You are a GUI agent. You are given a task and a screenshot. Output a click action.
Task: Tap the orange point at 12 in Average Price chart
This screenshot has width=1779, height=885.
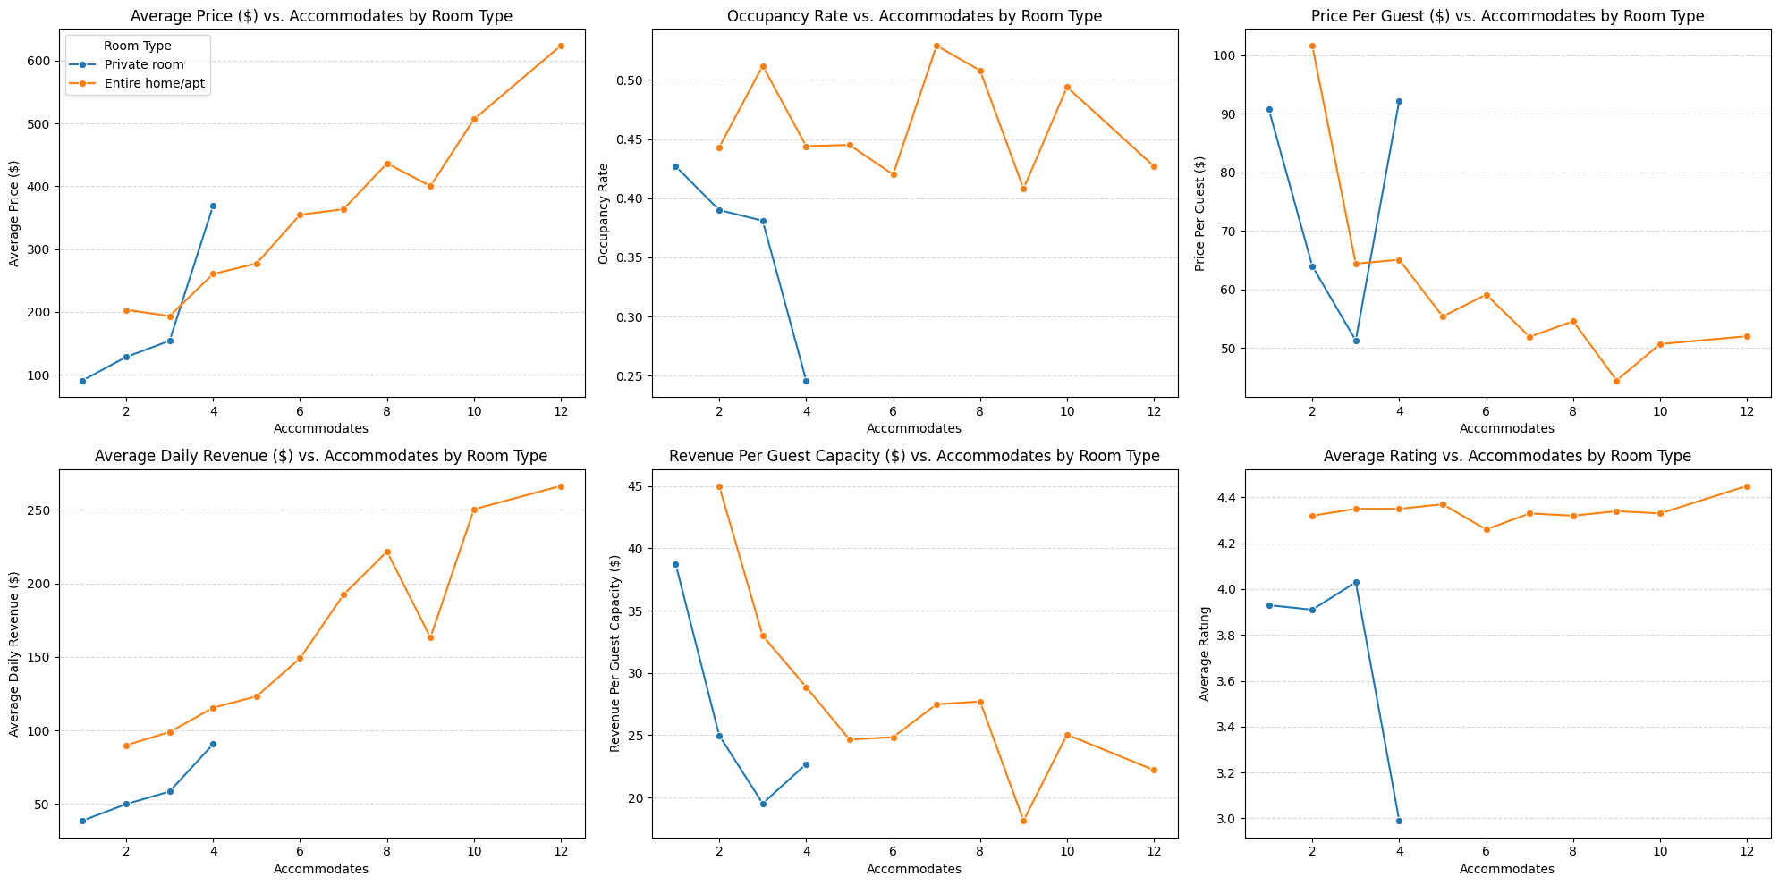tap(561, 46)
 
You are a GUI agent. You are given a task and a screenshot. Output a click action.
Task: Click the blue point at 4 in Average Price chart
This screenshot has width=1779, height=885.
tap(213, 206)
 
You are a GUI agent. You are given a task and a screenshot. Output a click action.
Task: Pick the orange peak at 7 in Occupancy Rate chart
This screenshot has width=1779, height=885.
tap(936, 46)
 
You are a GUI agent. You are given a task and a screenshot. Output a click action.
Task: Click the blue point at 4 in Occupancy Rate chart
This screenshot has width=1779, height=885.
tap(806, 381)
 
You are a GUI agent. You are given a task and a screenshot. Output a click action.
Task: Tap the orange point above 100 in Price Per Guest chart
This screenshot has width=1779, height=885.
tap(1312, 46)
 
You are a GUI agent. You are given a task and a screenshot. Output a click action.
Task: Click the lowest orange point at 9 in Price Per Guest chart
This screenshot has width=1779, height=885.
tap(1616, 381)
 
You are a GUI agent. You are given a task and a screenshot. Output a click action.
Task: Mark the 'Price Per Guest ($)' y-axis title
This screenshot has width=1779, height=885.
tap(1200, 214)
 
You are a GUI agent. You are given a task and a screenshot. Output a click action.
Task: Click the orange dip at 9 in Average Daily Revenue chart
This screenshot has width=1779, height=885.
tap(430, 637)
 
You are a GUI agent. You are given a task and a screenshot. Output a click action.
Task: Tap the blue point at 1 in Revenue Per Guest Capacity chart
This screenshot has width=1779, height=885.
tap(675, 564)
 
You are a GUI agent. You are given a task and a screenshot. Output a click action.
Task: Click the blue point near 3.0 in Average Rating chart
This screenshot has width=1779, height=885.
tap(1399, 821)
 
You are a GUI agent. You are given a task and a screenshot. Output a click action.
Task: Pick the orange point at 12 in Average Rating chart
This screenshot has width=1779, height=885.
tap(1747, 486)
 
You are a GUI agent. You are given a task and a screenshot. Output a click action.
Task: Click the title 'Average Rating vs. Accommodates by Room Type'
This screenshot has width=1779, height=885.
tap(1507, 456)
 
